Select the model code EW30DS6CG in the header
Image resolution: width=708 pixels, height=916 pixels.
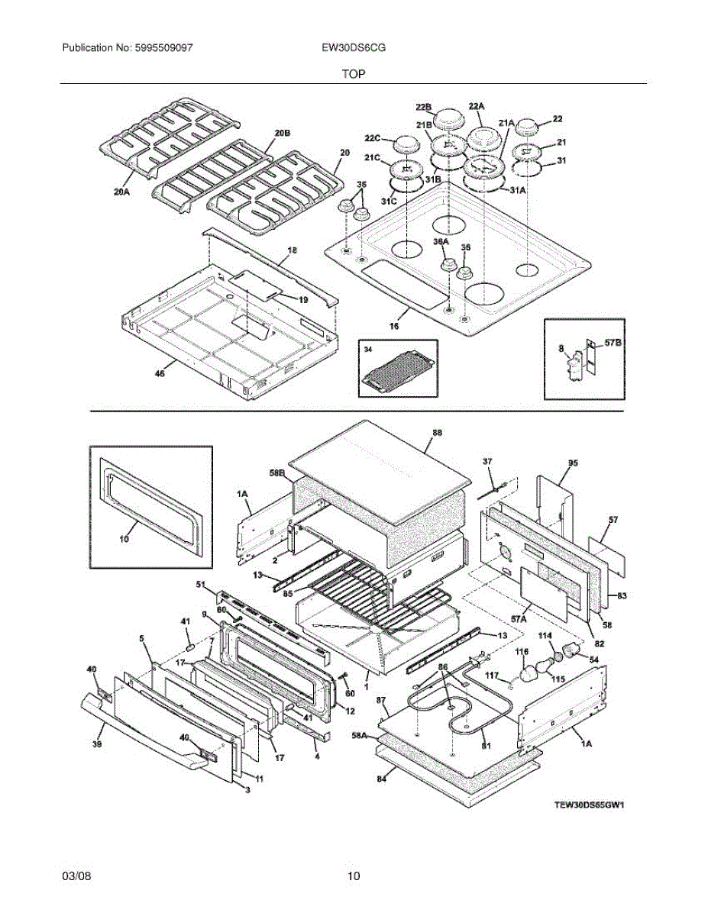point(353,47)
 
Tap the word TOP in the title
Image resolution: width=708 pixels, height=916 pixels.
point(353,74)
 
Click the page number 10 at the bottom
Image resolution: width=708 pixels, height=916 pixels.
point(353,876)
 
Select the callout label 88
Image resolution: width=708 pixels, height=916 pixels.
point(437,432)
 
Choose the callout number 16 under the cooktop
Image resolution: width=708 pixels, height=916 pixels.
point(394,326)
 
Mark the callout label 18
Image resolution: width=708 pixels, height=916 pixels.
point(292,250)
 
